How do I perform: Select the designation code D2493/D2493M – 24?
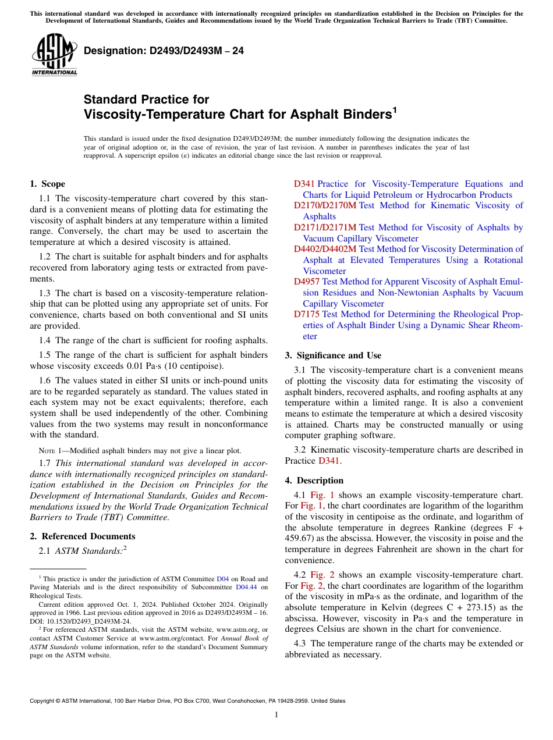pos(164,51)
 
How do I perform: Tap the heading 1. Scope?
pos(47,184)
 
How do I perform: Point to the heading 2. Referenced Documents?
pos(82,536)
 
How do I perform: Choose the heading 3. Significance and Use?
pos(333,355)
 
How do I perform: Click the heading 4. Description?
pos(314,481)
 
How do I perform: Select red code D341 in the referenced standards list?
pos(304,184)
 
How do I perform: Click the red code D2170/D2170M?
pos(325,205)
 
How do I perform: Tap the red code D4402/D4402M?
pos(325,249)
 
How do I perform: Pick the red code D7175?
pos(306,314)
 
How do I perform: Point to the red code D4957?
pos(306,282)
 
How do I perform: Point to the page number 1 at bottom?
pos(276,715)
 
